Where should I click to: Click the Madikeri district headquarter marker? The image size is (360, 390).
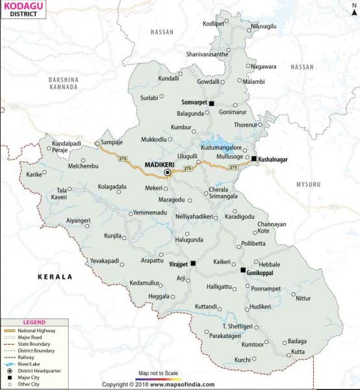click(x=167, y=173)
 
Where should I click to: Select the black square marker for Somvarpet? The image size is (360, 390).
click(x=211, y=103)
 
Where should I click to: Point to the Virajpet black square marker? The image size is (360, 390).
click(x=193, y=263)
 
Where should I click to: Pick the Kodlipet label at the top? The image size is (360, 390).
click(x=213, y=23)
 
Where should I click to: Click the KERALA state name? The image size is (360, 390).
click(x=56, y=276)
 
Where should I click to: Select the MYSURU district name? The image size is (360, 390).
click(x=309, y=185)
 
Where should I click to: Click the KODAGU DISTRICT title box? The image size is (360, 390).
click(x=23, y=9)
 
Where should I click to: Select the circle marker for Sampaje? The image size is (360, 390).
click(x=97, y=143)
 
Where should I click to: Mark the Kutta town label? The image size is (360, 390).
click(x=298, y=352)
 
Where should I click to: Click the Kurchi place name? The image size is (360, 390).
click(x=242, y=359)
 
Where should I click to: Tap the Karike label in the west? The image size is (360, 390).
click(x=34, y=175)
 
